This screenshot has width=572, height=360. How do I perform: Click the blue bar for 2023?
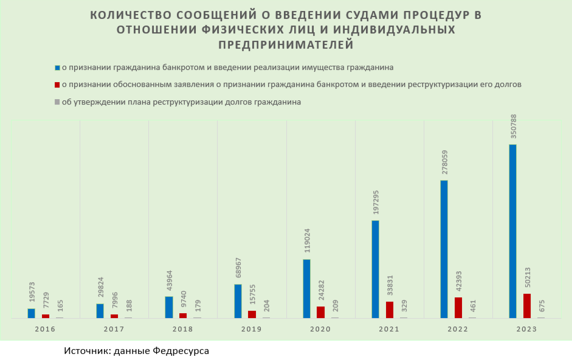512,231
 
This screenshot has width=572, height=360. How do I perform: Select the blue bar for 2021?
375,269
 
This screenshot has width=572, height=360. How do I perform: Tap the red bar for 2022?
458,307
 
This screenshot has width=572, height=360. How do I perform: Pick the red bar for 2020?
320,312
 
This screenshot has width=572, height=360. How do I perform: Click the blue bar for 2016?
31,313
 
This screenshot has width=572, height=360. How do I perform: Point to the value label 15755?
252,294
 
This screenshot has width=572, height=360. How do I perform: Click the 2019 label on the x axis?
251,329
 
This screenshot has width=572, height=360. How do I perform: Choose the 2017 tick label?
114,329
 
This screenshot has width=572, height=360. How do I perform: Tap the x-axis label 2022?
457,329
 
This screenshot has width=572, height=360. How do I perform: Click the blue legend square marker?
57,67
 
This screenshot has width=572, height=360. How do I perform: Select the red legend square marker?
57,85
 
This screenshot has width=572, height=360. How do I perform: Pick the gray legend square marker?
57,102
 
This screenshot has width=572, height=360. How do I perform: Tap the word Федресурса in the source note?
181,351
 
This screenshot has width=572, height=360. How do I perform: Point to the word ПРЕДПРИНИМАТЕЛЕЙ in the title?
285,44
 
